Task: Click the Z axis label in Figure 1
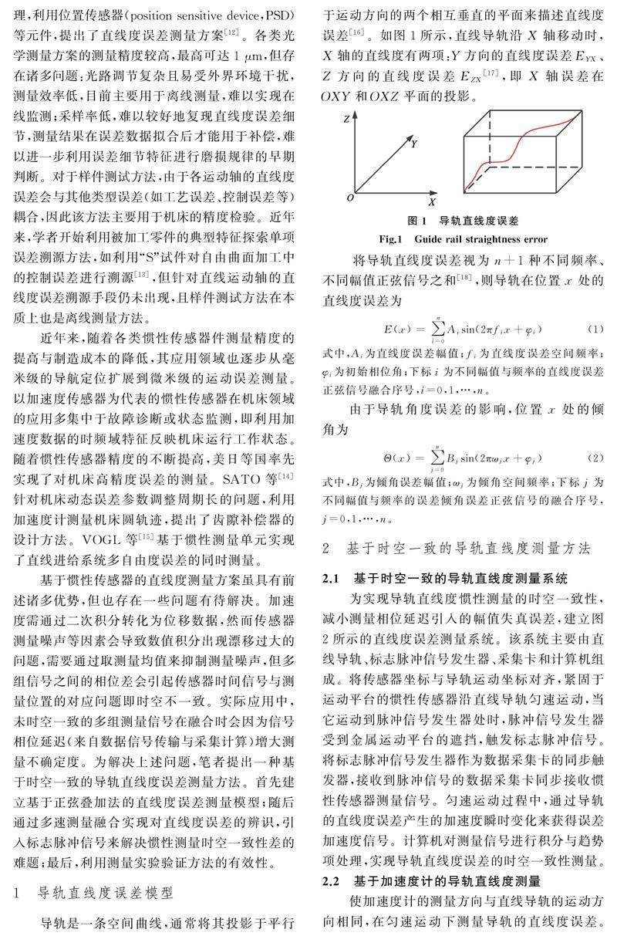coord(349,117)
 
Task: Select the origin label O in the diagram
coord(350,198)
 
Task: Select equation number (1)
coord(595,329)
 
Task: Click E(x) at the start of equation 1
coord(406,330)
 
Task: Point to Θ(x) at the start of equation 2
coord(406,457)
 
